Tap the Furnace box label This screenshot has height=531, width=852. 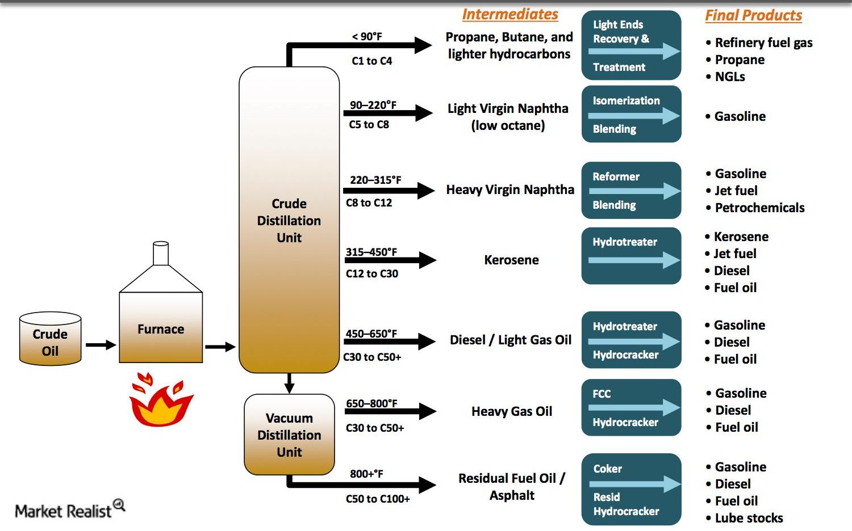click(x=161, y=329)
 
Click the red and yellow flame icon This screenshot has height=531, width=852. click(x=161, y=401)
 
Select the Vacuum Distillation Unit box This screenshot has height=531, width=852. click(x=289, y=435)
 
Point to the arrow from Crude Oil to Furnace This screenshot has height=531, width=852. click(x=101, y=344)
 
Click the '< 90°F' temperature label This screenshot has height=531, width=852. click(x=367, y=37)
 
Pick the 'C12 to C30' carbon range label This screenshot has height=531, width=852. click(x=372, y=273)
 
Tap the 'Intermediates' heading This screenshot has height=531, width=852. click(x=510, y=14)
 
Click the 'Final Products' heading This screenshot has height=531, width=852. click(x=753, y=15)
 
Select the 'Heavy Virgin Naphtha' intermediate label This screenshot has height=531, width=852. click(x=510, y=189)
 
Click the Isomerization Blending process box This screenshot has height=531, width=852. click(x=631, y=114)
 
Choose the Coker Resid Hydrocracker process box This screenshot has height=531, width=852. click(x=631, y=489)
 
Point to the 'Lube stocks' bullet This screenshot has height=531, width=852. click(x=748, y=518)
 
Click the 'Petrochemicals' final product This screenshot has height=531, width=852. click(x=759, y=208)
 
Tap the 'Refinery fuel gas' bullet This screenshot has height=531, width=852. click(x=763, y=43)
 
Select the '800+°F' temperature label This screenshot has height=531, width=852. click(x=366, y=474)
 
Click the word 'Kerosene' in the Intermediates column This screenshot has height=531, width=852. click(x=511, y=260)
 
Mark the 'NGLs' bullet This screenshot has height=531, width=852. click(x=730, y=77)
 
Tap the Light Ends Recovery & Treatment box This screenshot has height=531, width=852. click(x=631, y=45)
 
